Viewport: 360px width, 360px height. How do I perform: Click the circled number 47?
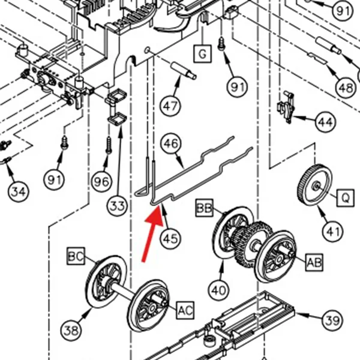(x=170, y=106)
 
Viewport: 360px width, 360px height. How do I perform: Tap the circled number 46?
(x=171, y=143)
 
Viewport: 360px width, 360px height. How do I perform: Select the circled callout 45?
(x=170, y=239)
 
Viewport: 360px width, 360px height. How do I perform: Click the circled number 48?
(x=346, y=88)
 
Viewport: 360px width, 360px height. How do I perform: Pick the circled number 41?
(x=332, y=231)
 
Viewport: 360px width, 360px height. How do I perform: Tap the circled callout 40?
(x=218, y=290)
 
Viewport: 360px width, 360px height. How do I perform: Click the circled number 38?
(x=71, y=331)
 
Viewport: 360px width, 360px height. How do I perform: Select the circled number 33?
(x=117, y=206)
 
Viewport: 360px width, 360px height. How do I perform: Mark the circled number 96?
(x=102, y=182)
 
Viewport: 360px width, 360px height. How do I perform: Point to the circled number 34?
(x=19, y=191)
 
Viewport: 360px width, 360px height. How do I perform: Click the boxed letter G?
(x=202, y=54)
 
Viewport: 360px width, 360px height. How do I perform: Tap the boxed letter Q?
(x=346, y=197)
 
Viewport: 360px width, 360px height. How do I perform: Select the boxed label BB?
(x=205, y=208)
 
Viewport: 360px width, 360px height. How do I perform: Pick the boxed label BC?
(x=76, y=256)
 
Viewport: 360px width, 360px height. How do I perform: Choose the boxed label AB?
(x=314, y=262)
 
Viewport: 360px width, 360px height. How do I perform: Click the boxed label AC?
(x=185, y=310)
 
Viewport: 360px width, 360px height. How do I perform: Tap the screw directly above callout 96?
(x=109, y=145)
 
